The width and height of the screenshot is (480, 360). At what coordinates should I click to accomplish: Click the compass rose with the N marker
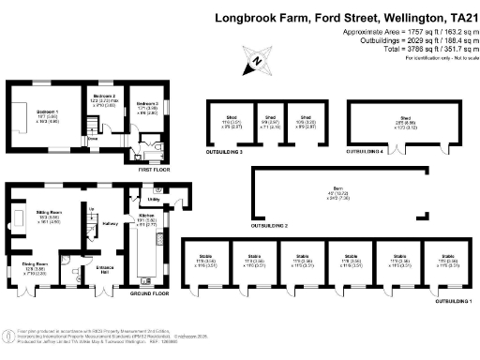[x=256, y=64]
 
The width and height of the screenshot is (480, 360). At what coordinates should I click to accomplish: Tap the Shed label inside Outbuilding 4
[x=405, y=119]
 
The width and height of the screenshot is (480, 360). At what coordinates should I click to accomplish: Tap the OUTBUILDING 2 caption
[x=269, y=226]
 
